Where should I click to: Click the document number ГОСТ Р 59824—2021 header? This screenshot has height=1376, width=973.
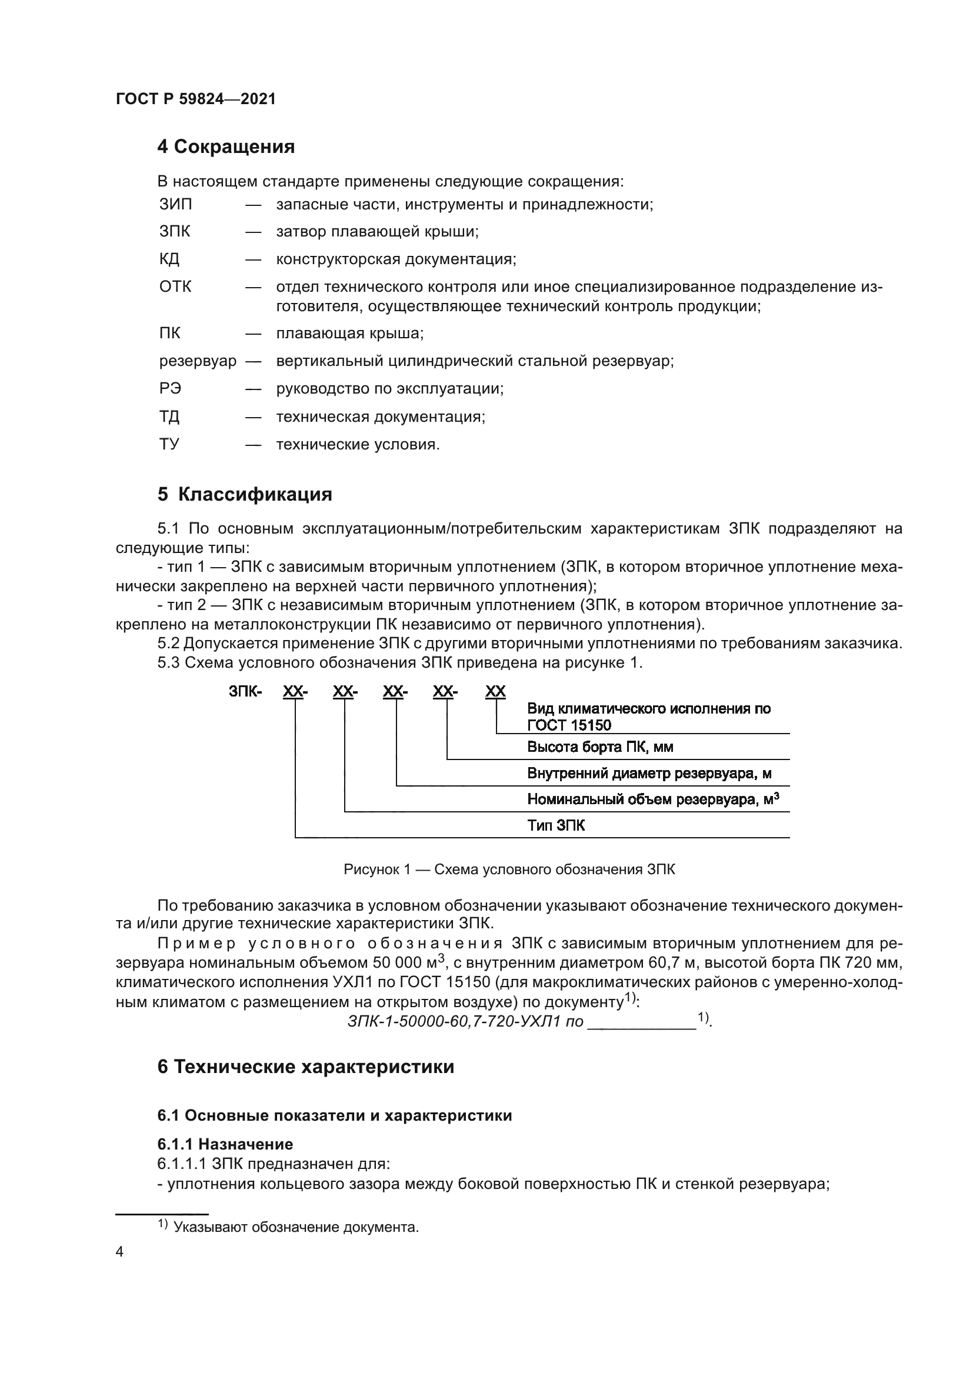[196, 99]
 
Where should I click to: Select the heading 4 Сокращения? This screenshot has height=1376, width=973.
[226, 147]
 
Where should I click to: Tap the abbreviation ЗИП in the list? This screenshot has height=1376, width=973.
[175, 204]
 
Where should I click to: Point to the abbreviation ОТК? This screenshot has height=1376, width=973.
[175, 286]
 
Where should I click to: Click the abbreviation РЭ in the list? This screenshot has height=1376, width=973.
[170, 388]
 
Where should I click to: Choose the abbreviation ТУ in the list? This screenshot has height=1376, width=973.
[169, 444]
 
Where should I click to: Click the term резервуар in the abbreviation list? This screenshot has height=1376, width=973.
[198, 361]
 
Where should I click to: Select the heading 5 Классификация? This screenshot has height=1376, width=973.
[245, 494]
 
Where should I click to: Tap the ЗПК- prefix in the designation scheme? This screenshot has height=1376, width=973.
[245, 692]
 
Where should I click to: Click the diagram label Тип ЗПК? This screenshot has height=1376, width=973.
[555, 825]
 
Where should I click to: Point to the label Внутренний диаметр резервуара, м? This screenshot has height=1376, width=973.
[649, 773]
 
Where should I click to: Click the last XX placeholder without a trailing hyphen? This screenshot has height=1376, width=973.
[495, 692]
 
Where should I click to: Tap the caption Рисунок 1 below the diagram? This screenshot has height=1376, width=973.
[509, 869]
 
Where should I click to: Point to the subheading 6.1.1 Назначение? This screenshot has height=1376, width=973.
[225, 1144]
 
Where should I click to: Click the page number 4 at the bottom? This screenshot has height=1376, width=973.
[119, 1252]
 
